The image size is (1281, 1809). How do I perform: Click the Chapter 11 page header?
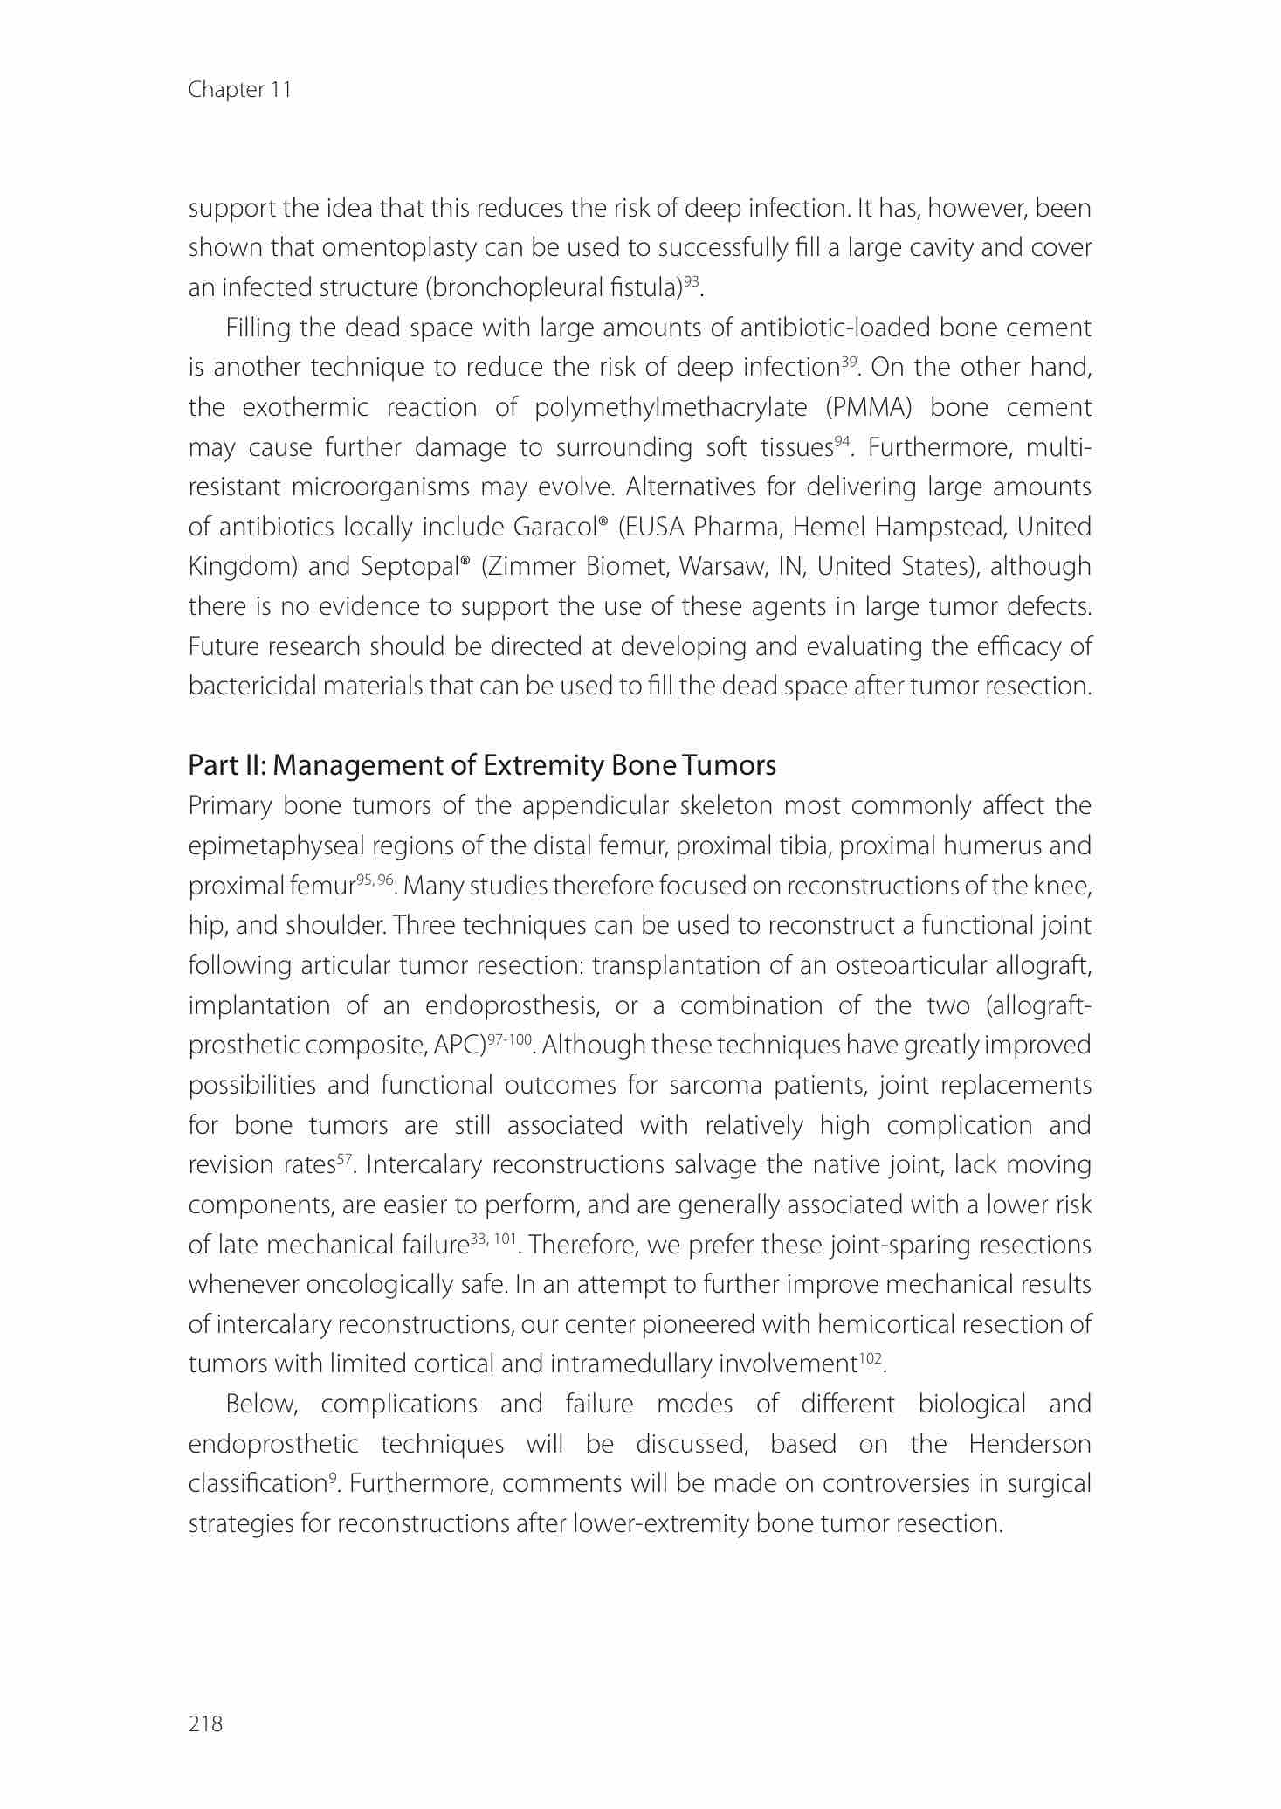pyautogui.click(x=239, y=90)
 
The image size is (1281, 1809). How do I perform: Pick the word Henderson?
pyautogui.click(x=1030, y=1445)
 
